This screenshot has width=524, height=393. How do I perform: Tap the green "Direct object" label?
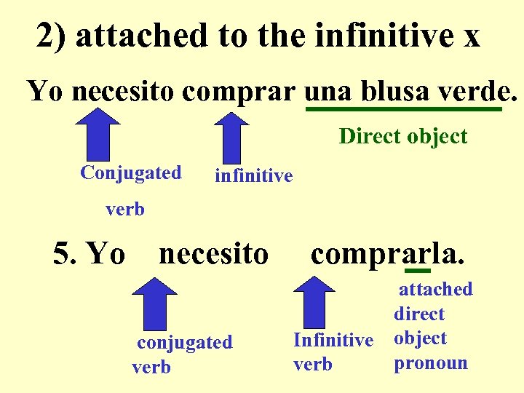tap(402, 136)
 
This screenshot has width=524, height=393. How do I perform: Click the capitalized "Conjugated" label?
tap(131, 173)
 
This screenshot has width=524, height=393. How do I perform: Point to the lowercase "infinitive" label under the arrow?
tap(253, 175)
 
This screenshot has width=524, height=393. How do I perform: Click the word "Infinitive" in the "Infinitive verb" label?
tap(333, 340)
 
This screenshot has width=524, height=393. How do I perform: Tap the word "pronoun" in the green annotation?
tap(431, 362)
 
